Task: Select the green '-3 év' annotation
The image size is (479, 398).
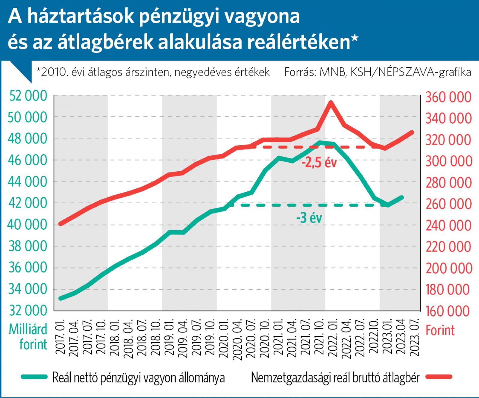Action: click(309, 218)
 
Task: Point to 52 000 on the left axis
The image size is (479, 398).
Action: click(28, 96)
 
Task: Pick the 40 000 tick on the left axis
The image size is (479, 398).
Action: click(28, 225)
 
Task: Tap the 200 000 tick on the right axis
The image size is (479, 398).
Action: click(448, 268)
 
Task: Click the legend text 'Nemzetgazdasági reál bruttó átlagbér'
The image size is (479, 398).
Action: click(335, 377)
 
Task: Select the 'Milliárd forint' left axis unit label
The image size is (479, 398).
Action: click(28, 337)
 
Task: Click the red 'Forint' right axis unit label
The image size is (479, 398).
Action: click(440, 330)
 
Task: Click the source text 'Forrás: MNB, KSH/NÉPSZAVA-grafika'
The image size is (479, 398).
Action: click(378, 72)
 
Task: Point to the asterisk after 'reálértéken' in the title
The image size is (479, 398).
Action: click(354, 40)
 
